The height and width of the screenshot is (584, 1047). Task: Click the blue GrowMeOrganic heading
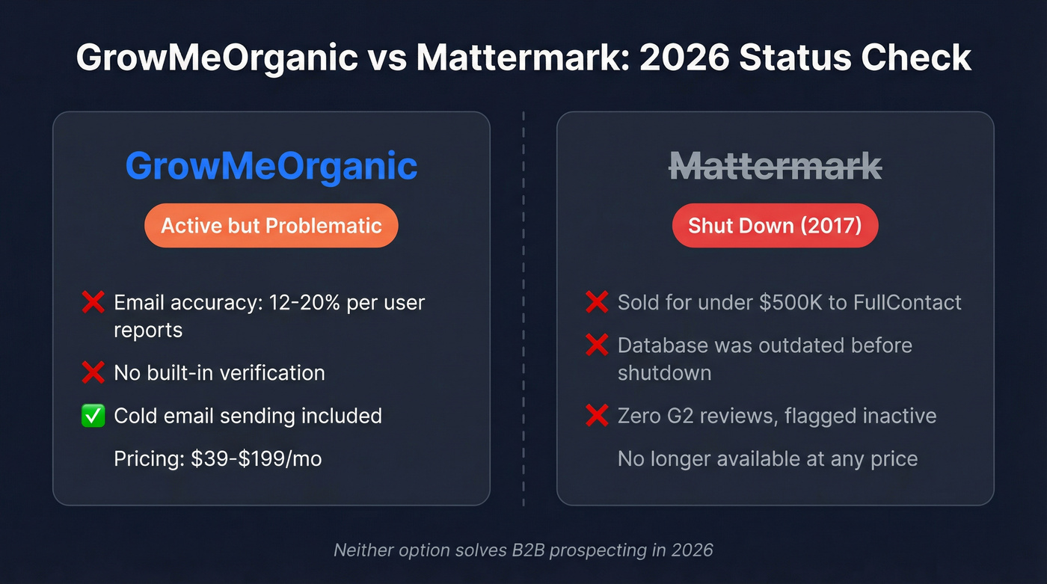(x=271, y=165)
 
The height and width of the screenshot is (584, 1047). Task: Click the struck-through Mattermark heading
(x=775, y=165)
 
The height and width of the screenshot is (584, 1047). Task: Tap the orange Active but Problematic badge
(x=271, y=225)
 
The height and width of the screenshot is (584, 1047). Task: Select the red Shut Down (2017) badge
(x=775, y=225)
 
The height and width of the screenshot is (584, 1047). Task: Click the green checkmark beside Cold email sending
(x=93, y=416)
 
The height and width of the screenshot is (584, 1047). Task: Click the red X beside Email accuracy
(x=93, y=303)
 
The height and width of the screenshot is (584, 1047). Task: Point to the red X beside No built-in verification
(x=93, y=372)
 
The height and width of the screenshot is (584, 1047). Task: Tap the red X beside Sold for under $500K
(x=597, y=303)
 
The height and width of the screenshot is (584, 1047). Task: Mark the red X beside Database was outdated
(x=597, y=345)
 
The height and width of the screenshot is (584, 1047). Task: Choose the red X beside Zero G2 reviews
(x=597, y=416)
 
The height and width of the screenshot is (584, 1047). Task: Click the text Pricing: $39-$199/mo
(x=218, y=458)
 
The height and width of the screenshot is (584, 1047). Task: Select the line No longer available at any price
(x=767, y=458)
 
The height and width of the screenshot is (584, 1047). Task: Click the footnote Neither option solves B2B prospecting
(x=523, y=550)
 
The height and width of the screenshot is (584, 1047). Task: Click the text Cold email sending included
(x=248, y=416)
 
